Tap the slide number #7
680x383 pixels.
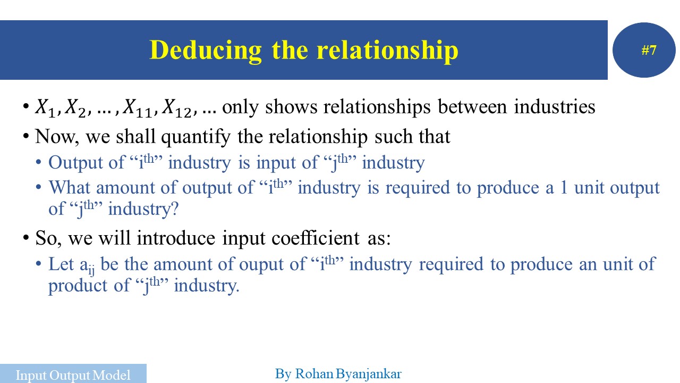point(649,51)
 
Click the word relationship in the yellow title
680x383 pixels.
point(387,51)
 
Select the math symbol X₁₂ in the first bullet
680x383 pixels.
point(177,108)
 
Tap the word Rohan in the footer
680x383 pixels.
point(314,374)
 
